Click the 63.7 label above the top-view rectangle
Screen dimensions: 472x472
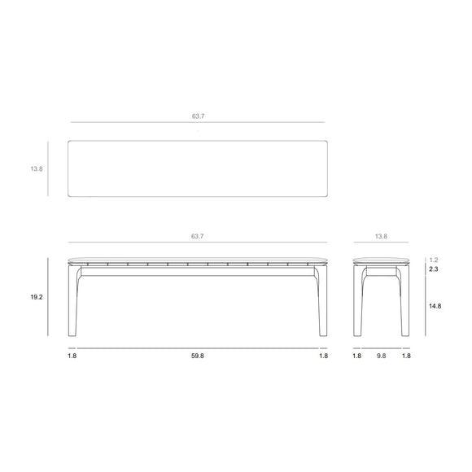pos(198,116)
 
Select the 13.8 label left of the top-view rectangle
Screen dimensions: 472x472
pos(36,168)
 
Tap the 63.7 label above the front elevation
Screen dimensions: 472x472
pos(198,236)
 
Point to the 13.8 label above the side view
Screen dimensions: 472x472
pos(381,236)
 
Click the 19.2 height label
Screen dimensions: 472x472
pos(36,298)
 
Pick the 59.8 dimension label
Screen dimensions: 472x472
pos(198,356)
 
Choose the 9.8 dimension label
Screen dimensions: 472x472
pos(381,356)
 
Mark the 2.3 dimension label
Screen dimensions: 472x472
pos(434,269)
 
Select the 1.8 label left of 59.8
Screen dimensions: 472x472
pos(72,356)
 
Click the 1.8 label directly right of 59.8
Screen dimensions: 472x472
pos(323,356)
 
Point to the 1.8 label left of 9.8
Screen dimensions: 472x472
pos(356,356)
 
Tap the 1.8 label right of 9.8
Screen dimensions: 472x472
pos(406,356)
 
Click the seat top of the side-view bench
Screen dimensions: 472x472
pos(381,260)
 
